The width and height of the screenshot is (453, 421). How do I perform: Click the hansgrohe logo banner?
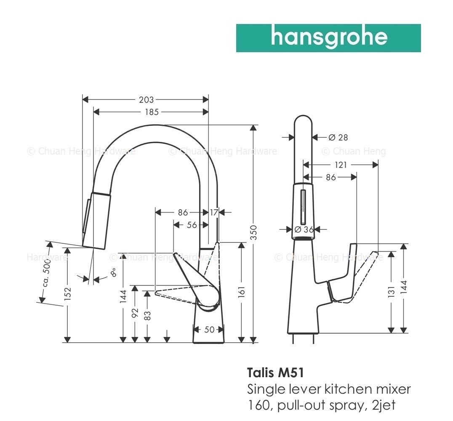tap(328, 38)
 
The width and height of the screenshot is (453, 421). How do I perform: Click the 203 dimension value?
tap(146, 100)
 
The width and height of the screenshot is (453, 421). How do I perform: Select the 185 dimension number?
tap(152, 112)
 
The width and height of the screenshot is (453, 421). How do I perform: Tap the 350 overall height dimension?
tap(253, 232)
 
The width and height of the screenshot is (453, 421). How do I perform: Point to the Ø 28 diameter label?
tap(338, 138)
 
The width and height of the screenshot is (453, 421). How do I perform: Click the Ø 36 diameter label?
tap(304, 229)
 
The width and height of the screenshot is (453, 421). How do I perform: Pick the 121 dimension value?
tap(341, 165)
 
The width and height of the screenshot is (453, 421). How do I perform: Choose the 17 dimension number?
tap(214, 213)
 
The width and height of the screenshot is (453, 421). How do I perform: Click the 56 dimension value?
tap(192, 225)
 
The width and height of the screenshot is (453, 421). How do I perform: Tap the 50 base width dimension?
tap(210, 329)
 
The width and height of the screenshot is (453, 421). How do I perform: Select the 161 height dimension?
tap(242, 292)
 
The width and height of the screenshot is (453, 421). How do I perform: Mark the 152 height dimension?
tap(67, 293)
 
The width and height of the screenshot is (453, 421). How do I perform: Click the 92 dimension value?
tap(135, 313)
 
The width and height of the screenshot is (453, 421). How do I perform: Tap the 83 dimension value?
tap(147, 315)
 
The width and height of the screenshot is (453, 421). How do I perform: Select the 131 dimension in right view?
tap(391, 292)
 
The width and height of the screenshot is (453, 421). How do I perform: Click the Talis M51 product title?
tap(276, 373)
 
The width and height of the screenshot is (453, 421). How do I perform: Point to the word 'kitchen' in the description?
tap(349, 389)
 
